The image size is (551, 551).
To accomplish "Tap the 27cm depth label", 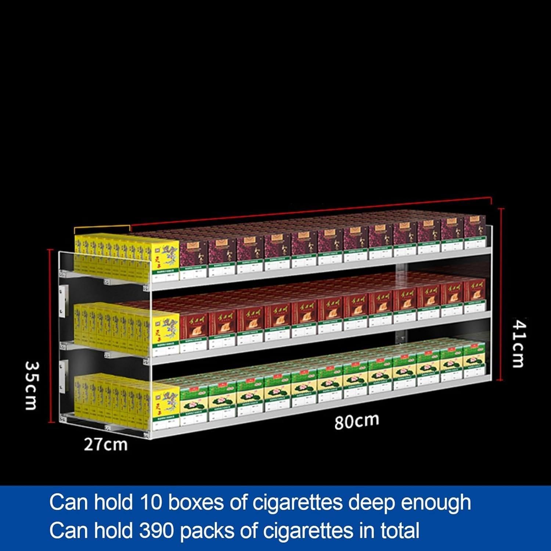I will pyautogui.click(x=106, y=445).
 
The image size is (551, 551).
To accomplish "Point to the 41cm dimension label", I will pyautogui.click(x=519, y=344).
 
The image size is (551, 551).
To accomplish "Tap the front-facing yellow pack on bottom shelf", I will pyautogui.click(x=165, y=400).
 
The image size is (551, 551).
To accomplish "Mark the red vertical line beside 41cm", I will pyautogui.click(x=501, y=294).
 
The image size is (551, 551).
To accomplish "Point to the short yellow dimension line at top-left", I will pyautogui.click(x=102, y=227).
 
